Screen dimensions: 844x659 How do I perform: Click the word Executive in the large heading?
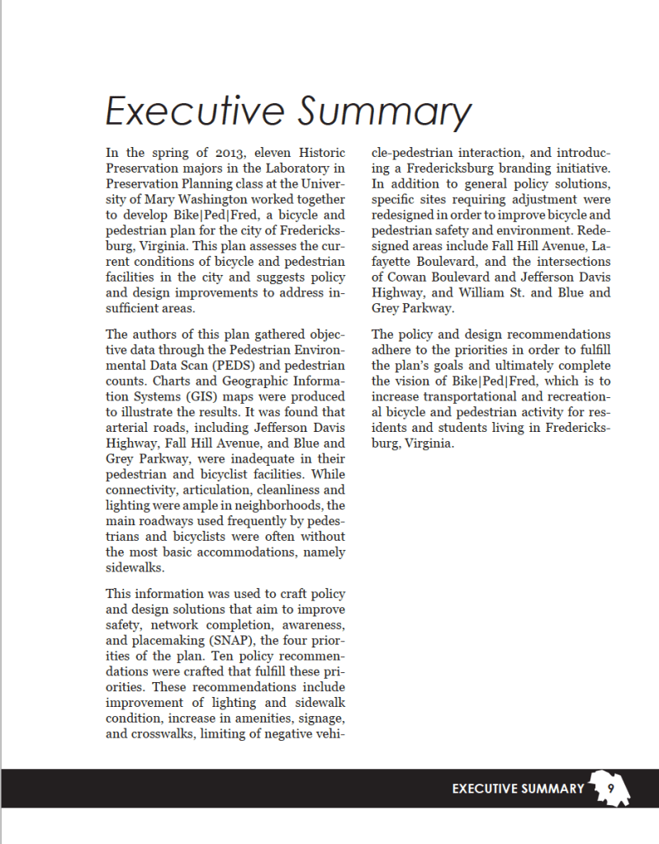tap(194, 111)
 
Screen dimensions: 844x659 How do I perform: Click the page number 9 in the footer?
tap(610, 788)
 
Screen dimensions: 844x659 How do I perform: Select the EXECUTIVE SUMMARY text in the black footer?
tap(518, 789)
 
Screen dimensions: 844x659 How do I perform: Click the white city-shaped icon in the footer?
tap(609, 789)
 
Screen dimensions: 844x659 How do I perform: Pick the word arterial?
tap(129, 427)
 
